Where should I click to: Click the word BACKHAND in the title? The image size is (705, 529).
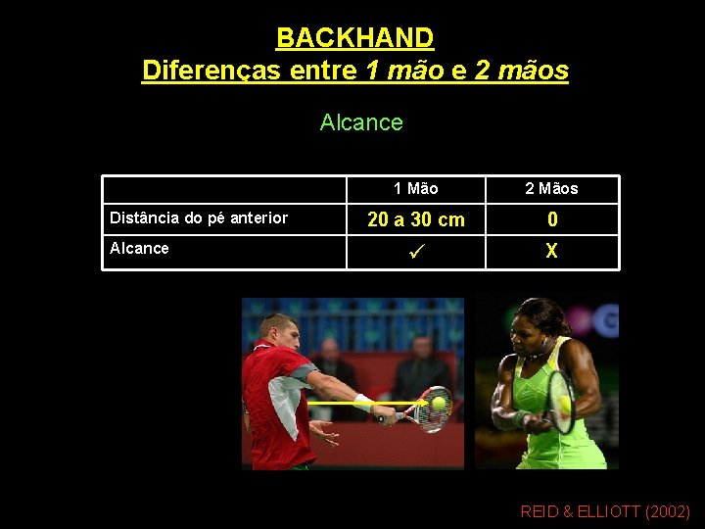click(354, 38)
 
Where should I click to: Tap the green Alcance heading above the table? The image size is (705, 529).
click(361, 122)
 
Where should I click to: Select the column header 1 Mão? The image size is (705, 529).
click(416, 188)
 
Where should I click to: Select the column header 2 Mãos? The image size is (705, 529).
click(551, 188)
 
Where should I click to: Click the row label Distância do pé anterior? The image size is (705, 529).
click(199, 217)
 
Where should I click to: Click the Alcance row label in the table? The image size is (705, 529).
click(139, 248)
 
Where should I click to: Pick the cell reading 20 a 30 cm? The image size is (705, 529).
click(416, 218)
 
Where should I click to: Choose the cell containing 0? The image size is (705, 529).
click(552, 219)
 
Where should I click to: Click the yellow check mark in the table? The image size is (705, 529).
click(416, 251)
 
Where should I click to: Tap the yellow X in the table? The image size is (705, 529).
click(552, 251)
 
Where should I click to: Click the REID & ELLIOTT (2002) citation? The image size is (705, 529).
click(605, 511)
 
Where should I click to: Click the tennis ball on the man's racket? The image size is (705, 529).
click(438, 402)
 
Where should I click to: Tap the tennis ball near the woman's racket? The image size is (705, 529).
click(564, 402)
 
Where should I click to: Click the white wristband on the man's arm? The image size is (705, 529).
click(362, 401)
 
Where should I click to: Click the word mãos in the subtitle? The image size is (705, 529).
click(533, 71)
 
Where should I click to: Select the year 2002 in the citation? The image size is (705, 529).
click(666, 511)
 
